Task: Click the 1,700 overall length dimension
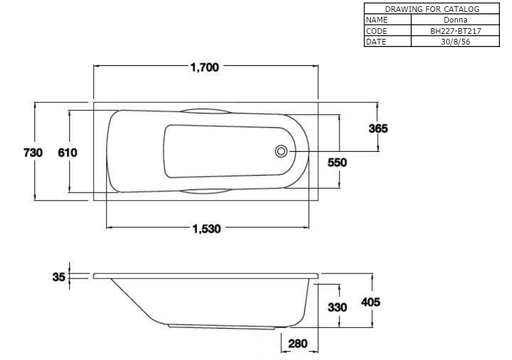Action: (x=205, y=68)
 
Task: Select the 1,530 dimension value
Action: (x=206, y=229)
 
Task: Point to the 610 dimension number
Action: (x=67, y=152)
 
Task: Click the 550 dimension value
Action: (x=338, y=162)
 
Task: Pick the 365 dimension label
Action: (x=378, y=129)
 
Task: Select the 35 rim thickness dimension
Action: (x=59, y=276)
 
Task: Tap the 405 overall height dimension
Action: (x=371, y=302)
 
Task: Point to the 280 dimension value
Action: (x=297, y=344)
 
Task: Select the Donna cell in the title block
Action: (x=455, y=19)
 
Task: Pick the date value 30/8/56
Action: (x=455, y=41)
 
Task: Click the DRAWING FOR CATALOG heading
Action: (x=432, y=9)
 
